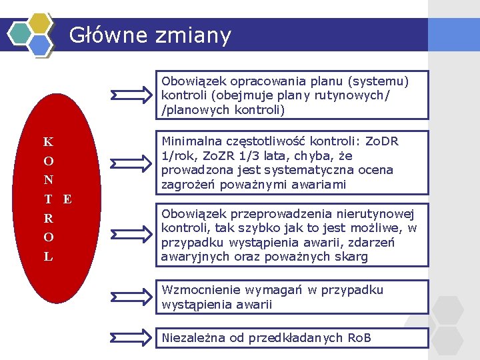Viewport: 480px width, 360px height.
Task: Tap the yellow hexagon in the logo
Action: click(41, 23)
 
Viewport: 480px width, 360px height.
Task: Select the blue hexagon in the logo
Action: click(41, 45)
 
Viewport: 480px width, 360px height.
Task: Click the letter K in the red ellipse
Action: click(48, 142)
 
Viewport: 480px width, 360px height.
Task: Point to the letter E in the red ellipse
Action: click(67, 199)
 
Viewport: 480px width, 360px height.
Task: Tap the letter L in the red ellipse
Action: click(49, 256)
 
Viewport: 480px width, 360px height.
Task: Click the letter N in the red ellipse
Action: click(49, 180)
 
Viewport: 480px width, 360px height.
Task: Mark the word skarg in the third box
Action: click(353, 257)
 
